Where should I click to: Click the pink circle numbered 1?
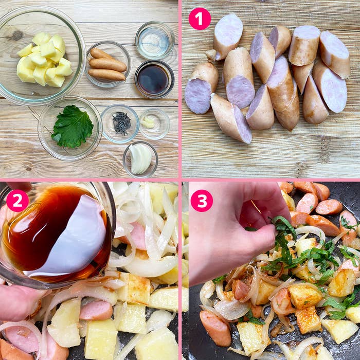(200, 19)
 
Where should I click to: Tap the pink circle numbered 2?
(17, 201)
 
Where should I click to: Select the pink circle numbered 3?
(202, 201)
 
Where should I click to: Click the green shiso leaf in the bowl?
(73, 127)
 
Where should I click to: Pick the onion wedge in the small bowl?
(140, 158)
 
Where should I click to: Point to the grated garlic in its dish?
(148, 122)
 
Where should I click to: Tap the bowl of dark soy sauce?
(154, 79)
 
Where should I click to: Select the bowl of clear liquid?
(155, 41)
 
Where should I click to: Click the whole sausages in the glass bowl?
(107, 65)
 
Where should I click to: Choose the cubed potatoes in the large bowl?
(45, 60)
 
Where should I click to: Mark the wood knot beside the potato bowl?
(17, 35)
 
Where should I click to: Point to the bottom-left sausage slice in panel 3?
(215, 328)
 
